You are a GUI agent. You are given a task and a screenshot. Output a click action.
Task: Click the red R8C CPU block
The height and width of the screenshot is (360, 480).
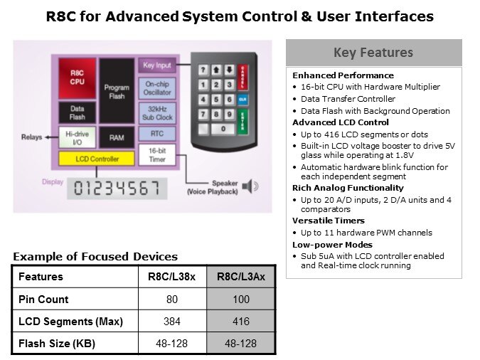(77, 78)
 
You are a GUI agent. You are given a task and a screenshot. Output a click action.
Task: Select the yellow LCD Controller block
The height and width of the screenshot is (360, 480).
(97, 159)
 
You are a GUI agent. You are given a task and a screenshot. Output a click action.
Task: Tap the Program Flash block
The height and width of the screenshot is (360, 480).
(117, 91)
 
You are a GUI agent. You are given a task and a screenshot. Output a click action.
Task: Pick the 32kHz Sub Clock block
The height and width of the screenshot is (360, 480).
(157, 113)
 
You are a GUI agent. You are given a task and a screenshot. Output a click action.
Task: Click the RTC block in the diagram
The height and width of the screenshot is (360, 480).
(157, 134)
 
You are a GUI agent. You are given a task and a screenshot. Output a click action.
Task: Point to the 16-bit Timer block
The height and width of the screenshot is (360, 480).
(157, 155)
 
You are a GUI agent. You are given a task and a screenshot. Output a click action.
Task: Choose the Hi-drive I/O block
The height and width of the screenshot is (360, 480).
(77, 137)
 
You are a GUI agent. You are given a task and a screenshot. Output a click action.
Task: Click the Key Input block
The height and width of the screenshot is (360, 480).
(157, 65)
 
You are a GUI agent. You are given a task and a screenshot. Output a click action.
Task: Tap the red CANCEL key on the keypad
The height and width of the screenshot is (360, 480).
(242, 77)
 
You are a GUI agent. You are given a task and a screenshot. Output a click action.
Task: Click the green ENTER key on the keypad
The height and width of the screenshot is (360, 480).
(242, 122)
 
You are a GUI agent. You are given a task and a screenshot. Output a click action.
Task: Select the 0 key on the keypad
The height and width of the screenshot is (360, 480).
(223, 129)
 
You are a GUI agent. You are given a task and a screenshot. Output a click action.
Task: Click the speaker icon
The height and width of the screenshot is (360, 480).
(250, 186)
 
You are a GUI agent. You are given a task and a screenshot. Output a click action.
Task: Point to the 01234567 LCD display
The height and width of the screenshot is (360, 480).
(117, 189)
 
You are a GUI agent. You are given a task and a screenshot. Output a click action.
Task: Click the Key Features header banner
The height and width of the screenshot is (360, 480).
(374, 53)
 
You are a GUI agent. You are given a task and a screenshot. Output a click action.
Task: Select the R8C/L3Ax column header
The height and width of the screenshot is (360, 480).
(241, 277)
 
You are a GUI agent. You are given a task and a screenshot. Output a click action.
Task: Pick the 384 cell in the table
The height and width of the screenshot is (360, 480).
(172, 321)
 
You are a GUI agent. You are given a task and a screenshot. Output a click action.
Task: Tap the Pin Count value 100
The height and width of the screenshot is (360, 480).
(241, 299)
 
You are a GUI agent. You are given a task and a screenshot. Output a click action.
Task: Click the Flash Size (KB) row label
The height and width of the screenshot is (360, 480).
(57, 343)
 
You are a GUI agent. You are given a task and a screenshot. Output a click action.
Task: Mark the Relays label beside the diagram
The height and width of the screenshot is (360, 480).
(32, 137)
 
